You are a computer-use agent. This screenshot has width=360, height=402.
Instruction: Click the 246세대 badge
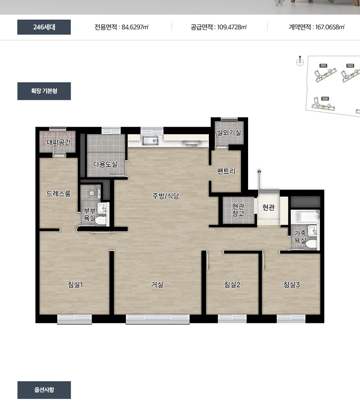click(44, 27)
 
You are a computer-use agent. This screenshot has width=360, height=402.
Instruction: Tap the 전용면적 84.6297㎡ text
click(121, 27)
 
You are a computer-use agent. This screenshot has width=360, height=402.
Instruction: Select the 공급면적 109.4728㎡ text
click(219, 27)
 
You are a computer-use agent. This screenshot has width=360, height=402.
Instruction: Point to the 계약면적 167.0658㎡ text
click(317, 27)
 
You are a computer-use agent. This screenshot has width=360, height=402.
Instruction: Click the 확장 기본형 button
click(44, 91)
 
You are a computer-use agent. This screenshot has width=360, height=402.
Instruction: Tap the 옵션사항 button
click(44, 390)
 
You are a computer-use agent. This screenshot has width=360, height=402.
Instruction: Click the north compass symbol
click(300, 61)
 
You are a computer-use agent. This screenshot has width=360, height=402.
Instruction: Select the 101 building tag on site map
click(323, 66)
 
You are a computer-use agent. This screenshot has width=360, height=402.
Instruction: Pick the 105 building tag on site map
click(325, 99)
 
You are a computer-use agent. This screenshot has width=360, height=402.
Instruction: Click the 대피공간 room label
click(59, 142)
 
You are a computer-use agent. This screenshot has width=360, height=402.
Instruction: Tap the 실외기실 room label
click(229, 133)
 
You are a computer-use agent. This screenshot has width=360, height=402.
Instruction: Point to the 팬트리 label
click(226, 171)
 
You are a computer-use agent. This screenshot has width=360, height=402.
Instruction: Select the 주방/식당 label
click(166, 196)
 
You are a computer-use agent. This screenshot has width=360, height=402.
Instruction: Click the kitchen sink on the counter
click(150, 141)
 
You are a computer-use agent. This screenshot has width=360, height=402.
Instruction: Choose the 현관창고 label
click(238, 210)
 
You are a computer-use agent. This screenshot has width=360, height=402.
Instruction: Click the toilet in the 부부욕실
click(101, 220)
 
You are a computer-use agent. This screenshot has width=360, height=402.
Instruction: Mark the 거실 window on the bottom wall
click(158, 319)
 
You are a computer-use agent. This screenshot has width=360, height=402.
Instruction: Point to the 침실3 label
click(292, 285)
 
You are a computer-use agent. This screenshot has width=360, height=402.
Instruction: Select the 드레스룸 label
click(58, 194)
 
